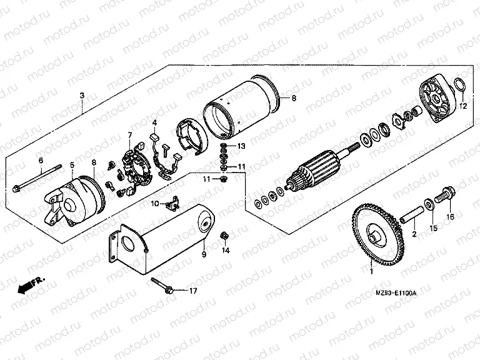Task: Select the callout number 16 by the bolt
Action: (x=449, y=217)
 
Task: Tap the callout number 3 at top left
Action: (x=81, y=96)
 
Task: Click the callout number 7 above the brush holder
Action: (x=129, y=136)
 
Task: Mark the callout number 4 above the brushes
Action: (x=154, y=122)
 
